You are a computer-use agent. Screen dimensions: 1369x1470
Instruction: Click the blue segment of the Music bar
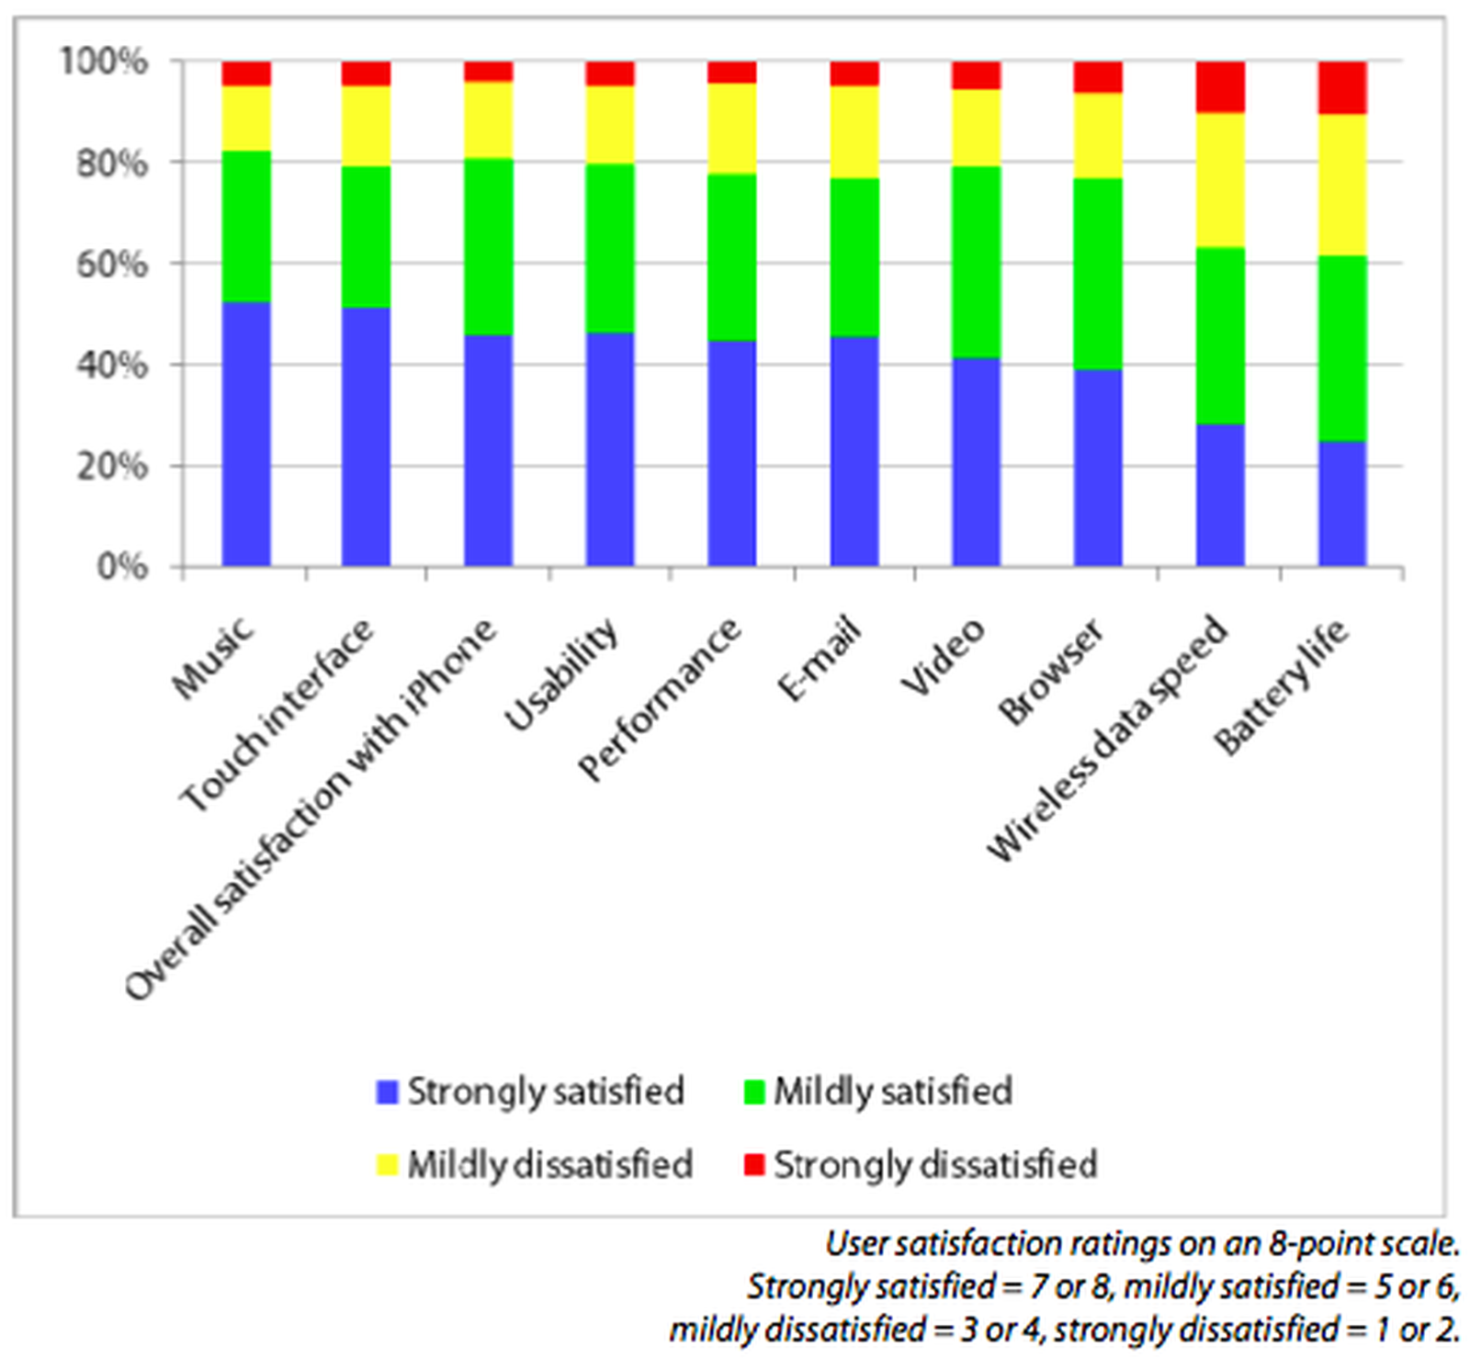coord(246,433)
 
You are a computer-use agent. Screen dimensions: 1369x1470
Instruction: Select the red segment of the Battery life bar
coord(1342,87)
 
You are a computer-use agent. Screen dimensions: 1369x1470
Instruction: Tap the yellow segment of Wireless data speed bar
coord(1220,180)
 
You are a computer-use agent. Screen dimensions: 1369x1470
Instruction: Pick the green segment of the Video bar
coord(976,262)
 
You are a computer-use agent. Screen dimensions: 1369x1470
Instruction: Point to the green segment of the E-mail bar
coord(854,257)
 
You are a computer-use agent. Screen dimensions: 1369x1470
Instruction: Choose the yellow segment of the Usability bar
coord(610,125)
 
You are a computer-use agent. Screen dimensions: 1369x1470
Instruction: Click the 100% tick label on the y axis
coord(104,62)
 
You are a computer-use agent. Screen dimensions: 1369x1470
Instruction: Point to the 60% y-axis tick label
coord(110,265)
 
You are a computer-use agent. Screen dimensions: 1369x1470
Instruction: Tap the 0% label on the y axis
coord(121,567)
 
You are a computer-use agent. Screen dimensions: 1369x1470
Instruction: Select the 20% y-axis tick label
coord(110,466)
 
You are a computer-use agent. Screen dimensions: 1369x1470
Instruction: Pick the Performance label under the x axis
coord(660,698)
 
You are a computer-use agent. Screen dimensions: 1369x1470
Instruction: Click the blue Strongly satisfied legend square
coord(388,1092)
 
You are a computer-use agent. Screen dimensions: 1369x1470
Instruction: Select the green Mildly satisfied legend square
coord(753,1092)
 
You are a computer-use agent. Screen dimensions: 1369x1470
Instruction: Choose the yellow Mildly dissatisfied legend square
coord(388,1165)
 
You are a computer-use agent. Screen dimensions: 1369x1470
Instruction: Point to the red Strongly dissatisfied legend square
coord(753,1165)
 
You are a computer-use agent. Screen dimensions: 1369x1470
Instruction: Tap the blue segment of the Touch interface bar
coord(366,436)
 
